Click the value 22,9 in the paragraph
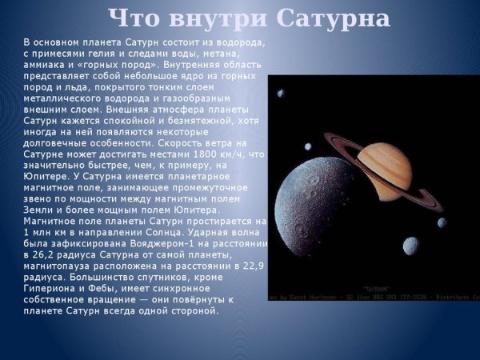tap(251, 266)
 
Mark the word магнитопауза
tap(58, 266)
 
